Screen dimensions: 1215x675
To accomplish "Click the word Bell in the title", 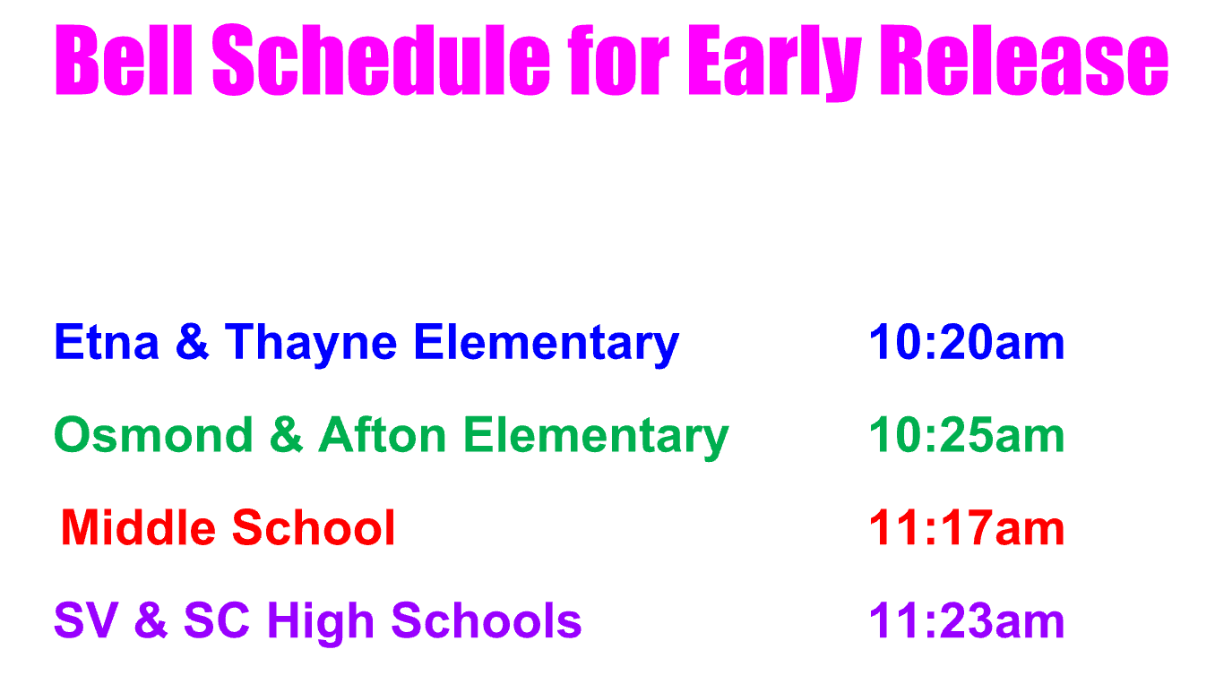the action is tap(124, 60).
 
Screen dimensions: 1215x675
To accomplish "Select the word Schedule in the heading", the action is tap(382, 60).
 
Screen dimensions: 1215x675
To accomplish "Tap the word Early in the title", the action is tap(774, 63).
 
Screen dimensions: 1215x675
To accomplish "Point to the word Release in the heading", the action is tap(1024, 60).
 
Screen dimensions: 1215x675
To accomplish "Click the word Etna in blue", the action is tap(107, 342).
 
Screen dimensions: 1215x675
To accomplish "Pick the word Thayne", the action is tap(311, 345).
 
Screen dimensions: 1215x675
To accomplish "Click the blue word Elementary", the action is tap(547, 345).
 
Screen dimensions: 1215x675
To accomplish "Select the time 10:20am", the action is tap(967, 342).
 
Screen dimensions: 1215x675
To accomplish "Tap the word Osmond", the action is tap(153, 434).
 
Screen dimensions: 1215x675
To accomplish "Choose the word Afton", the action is tap(382, 434).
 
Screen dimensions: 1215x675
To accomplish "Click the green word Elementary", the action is tap(596, 438).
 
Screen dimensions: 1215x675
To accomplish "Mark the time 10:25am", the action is tap(967, 434).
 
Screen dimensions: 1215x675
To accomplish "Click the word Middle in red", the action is tap(138, 527).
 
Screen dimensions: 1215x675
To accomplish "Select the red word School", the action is tap(314, 527).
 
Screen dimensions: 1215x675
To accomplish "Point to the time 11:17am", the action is tap(967, 527).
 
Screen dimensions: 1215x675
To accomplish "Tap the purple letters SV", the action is tap(86, 620).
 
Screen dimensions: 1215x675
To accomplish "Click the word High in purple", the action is tap(321, 624).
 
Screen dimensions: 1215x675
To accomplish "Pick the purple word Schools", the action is tap(486, 620).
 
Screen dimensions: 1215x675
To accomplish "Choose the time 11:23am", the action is tap(967, 620).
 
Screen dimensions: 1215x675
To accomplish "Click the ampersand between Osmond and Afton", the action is tap(286, 434).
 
